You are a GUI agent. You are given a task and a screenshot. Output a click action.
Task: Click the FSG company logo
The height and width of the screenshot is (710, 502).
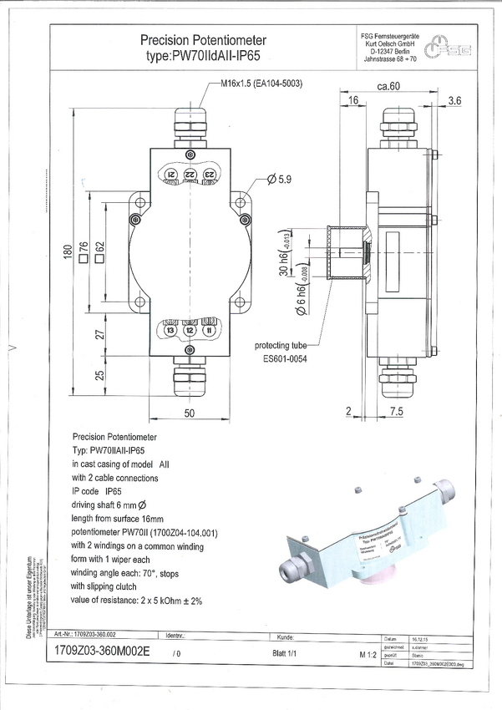pos(449,49)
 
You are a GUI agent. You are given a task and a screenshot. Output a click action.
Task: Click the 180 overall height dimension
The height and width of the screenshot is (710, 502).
pos(68,251)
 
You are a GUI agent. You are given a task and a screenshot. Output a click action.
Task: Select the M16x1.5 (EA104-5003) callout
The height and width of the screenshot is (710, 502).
pos(261,84)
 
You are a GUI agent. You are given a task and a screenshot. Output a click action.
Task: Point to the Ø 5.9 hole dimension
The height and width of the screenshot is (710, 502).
pos(281,180)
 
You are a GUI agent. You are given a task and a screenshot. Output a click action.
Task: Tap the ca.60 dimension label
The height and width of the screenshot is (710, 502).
pos(390,86)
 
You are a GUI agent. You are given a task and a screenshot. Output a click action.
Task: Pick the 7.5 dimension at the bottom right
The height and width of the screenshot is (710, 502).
pos(397,411)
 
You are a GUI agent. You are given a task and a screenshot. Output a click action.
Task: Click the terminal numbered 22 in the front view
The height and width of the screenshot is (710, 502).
pos(190,173)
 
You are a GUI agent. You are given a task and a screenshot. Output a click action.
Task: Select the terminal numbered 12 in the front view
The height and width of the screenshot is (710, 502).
pos(190,332)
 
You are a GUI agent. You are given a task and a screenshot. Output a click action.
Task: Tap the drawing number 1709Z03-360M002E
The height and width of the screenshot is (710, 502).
pos(100,653)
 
